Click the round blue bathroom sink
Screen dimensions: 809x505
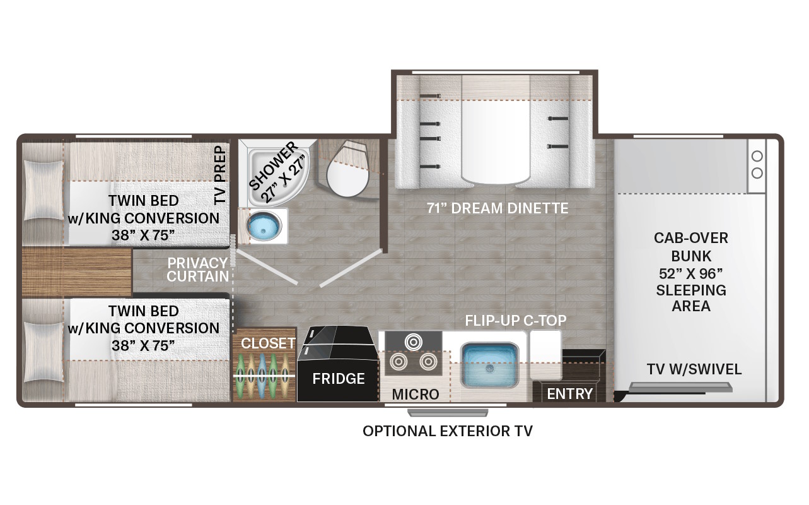tap(264, 226)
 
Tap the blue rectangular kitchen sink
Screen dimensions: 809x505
tap(489, 365)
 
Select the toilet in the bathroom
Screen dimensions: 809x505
tap(347, 169)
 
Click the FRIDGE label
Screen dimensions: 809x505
tap(339, 379)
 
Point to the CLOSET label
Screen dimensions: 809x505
tap(268, 343)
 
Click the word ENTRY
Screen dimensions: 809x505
tap(569, 394)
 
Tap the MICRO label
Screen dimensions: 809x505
tap(416, 395)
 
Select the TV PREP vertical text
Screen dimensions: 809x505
tap(220, 175)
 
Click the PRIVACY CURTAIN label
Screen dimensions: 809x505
tap(197, 270)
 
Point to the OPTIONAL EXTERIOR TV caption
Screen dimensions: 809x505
tap(448, 431)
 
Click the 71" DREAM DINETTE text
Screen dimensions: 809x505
tap(498, 208)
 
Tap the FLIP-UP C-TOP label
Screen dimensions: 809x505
tap(515, 320)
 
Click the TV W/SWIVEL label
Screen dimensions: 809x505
tap(694, 369)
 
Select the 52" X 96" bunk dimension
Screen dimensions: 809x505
tap(690, 274)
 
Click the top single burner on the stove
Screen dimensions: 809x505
tap(414, 342)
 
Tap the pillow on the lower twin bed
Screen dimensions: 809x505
tap(44, 352)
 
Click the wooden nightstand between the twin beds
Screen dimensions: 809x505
tap(76, 272)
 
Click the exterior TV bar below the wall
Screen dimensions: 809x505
tap(448, 413)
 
